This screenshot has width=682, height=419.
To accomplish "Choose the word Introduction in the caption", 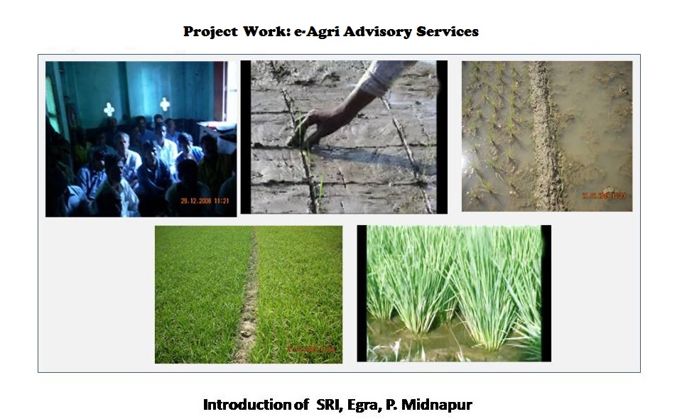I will (246, 405).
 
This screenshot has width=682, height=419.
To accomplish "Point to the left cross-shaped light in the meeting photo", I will (109, 109).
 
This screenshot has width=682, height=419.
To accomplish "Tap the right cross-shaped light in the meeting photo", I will (165, 104).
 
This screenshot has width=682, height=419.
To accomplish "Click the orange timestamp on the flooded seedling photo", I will (604, 196).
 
